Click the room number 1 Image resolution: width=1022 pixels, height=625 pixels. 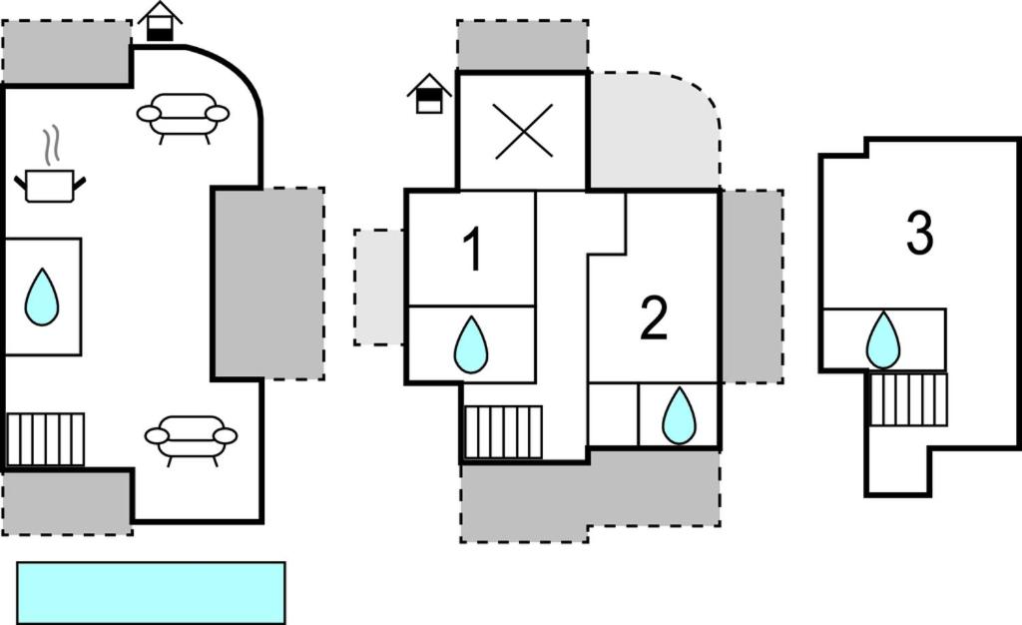point(473,250)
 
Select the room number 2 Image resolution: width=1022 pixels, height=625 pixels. point(654,319)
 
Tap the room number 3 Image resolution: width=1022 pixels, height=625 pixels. point(919,233)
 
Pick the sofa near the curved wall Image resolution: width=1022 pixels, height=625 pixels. point(184,116)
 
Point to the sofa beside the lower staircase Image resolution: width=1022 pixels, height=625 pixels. point(191,437)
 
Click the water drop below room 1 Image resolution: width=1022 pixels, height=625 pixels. point(471,344)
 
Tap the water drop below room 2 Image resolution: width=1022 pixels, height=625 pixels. point(679,415)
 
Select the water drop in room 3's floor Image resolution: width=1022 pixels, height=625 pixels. point(883,339)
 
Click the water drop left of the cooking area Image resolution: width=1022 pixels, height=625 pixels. point(42,297)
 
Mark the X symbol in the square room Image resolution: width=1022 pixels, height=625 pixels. point(523,131)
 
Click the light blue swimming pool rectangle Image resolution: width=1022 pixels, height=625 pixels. point(151,592)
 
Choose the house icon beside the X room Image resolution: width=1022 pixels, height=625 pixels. point(429,95)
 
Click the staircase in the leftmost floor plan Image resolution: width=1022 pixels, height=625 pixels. point(46,439)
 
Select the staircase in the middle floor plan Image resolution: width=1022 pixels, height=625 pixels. point(504,431)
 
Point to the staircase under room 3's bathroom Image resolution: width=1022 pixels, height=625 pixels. point(908,398)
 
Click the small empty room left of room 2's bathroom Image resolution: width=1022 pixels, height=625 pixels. point(613,414)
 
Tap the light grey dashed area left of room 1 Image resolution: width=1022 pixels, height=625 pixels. point(378,288)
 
